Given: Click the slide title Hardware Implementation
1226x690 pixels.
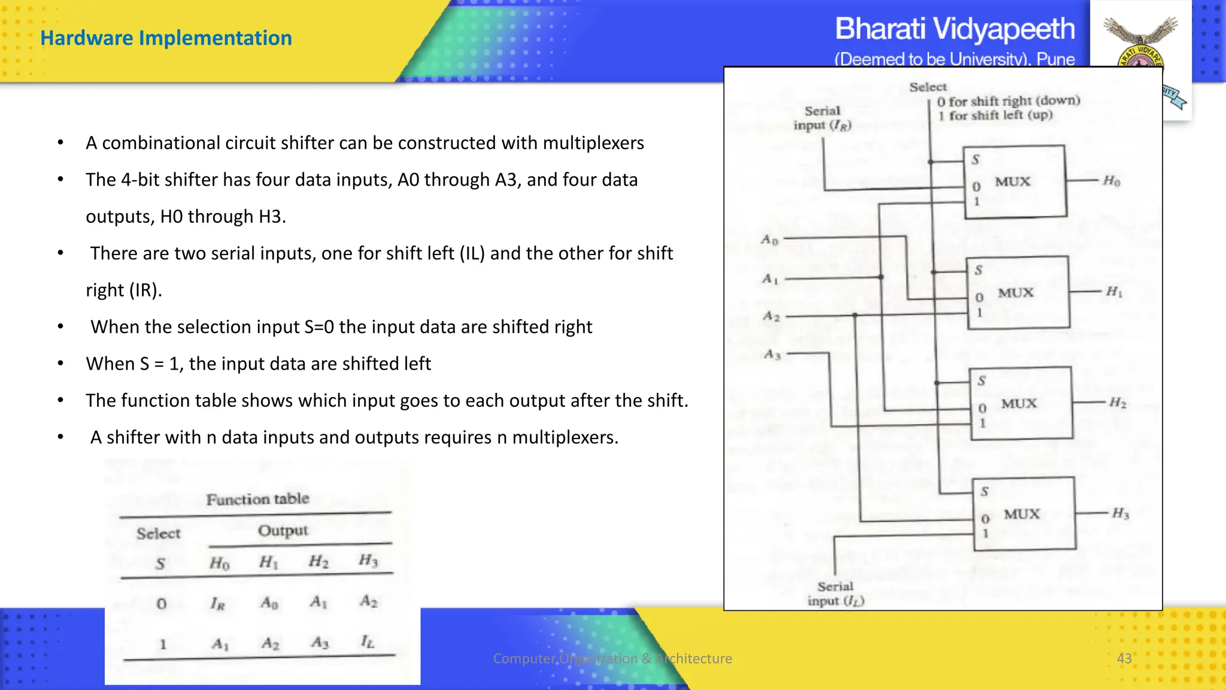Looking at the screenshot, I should [x=166, y=38].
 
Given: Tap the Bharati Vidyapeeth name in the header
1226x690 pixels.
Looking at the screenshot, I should [x=954, y=29].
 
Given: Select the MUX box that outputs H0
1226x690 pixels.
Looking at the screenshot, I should [x=1015, y=181].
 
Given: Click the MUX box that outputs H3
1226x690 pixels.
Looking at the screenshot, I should [x=1024, y=514].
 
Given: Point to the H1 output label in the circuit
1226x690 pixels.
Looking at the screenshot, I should [x=1113, y=292].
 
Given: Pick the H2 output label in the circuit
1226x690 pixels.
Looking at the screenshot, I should [x=1117, y=402].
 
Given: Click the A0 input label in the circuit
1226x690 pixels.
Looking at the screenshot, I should [x=769, y=240].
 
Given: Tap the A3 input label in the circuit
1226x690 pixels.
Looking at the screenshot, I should [x=772, y=355].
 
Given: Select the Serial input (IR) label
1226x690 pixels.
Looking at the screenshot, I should [x=823, y=118].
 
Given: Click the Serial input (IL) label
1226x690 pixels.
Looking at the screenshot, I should [x=836, y=594].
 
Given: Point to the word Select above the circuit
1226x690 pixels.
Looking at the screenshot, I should [x=928, y=87].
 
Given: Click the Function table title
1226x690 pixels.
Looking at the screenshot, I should [x=257, y=499].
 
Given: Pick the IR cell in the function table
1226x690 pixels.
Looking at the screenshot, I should [x=217, y=604].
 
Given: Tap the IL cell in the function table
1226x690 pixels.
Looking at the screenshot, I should [x=367, y=643].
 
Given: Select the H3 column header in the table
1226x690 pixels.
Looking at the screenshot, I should [x=368, y=561].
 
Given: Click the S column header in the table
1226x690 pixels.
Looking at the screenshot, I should [x=160, y=564].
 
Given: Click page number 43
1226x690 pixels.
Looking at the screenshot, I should [x=1124, y=658].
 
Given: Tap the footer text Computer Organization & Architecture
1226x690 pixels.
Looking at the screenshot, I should [x=612, y=658].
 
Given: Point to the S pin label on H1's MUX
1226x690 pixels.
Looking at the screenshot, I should [x=978, y=270].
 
